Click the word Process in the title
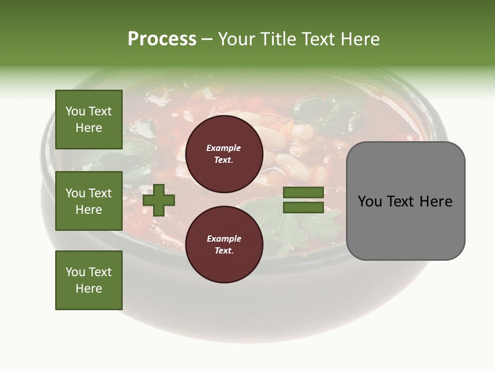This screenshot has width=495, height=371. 162,39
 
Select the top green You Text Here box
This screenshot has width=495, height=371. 89,120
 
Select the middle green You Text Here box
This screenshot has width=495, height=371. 89,201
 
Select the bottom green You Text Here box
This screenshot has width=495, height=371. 89,280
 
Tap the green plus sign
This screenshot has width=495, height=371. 159,200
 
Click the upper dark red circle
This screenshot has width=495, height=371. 224,154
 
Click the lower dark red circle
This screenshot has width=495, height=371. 224,244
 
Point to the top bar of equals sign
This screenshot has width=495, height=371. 303,193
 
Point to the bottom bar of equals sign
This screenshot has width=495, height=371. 303,208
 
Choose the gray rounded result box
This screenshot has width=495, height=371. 405,201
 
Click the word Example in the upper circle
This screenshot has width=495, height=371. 224,148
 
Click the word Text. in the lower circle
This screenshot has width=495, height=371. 224,250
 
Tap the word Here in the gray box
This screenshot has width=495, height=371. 436,201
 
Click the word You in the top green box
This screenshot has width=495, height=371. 75,111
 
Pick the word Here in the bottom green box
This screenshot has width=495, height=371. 89,289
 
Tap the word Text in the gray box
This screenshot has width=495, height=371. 400,201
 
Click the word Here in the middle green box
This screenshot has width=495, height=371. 89,210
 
